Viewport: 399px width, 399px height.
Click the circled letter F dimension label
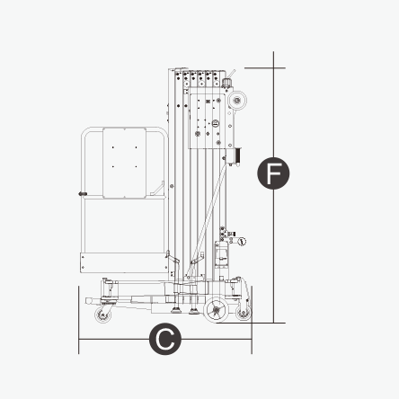pyautogui.click(x=273, y=173)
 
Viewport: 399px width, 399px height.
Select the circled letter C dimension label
pyautogui.click(x=165, y=339)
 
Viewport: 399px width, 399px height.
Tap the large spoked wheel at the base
pyautogui.click(x=216, y=309)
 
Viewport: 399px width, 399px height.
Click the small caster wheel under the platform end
pyautogui.click(x=103, y=315)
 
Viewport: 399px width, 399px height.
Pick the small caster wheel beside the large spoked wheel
pyautogui.click(x=243, y=312)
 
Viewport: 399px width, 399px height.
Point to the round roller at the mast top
pyautogui.click(x=237, y=100)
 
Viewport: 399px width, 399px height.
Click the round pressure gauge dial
pyautogui.click(x=242, y=242)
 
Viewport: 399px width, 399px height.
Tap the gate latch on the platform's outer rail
pyautogui.click(x=83, y=194)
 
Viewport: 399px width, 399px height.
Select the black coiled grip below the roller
pyautogui.click(x=238, y=155)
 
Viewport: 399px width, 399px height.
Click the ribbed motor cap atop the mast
pyautogui.click(x=226, y=82)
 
